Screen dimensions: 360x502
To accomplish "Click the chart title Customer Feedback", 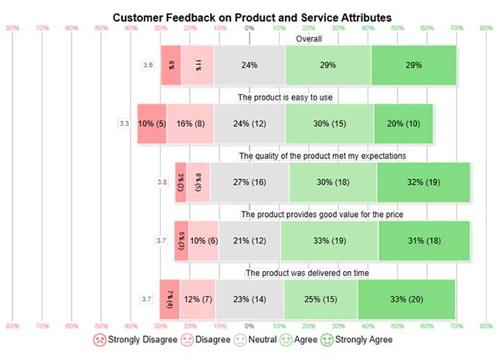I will pos(252,16).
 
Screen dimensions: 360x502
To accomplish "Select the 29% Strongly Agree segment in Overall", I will pos(413,66).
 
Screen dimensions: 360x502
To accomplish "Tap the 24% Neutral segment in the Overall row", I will pos(249,66).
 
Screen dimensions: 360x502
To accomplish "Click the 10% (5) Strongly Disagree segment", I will pos(151,124).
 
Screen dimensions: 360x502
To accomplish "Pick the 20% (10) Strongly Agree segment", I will pos(403,124).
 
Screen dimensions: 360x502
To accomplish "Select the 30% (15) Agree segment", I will pos(329,124).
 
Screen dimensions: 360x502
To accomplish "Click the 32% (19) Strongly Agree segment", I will pos(423,182).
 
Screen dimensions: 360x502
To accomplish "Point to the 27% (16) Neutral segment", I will pos(249,182).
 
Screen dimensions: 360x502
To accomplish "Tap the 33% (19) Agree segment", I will pos(329,241).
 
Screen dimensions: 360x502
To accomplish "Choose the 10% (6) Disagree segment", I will pos(204,241).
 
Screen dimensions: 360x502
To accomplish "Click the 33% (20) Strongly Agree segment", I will pos(406,299).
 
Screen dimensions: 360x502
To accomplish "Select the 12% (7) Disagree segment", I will pos(198,299).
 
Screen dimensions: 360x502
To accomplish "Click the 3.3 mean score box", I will pos(124,124).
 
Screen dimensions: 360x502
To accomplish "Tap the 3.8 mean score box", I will pos(162,182).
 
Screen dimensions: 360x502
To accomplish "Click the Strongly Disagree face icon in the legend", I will pos(99,340).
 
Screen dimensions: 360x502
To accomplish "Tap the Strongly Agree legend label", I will pos(363,340).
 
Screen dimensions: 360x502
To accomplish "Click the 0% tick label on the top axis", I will pos(249,29).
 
